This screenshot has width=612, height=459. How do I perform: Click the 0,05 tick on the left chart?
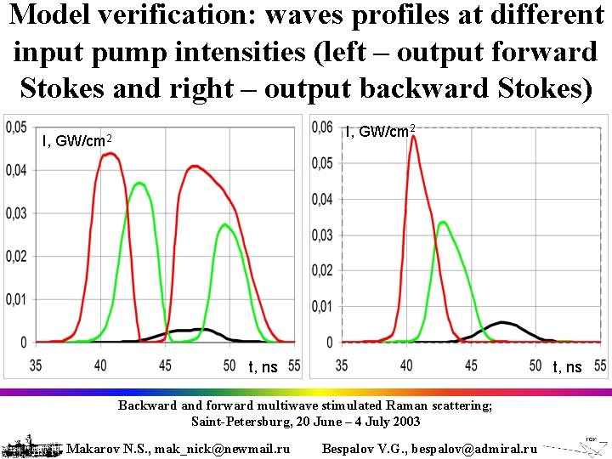tap(16, 127)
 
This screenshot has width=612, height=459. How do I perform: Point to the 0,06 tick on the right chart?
tap(322, 127)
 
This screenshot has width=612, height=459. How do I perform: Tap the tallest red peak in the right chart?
tap(412, 136)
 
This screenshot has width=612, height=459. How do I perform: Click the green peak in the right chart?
tap(444, 222)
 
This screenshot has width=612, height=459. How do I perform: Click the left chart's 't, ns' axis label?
tap(263, 367)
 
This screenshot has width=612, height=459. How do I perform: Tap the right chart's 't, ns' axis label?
tap(567, 367)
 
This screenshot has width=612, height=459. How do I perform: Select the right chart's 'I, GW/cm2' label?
tap(380, 131)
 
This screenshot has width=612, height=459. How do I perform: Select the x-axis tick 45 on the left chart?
tap(165, 365)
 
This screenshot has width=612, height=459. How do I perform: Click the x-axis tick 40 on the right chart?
tap(406, 365)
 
